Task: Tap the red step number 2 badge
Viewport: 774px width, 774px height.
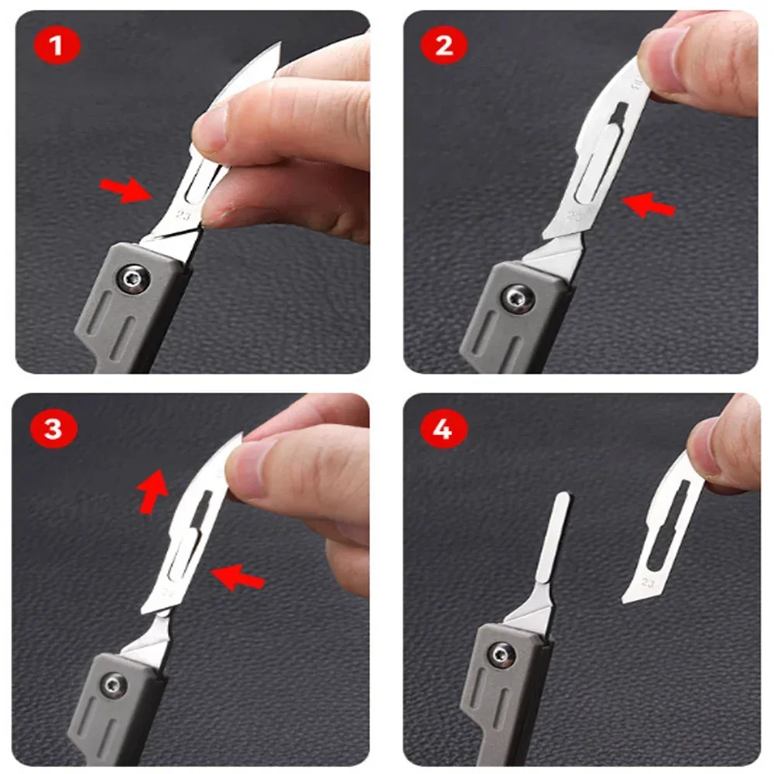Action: pos(443,46)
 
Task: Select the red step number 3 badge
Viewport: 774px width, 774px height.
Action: pos(53,428)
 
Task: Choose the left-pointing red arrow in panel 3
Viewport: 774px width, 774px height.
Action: pos(238,575)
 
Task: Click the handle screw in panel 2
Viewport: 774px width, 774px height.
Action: pos(515,296)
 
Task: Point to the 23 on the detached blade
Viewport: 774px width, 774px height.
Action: pos(648,583)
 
